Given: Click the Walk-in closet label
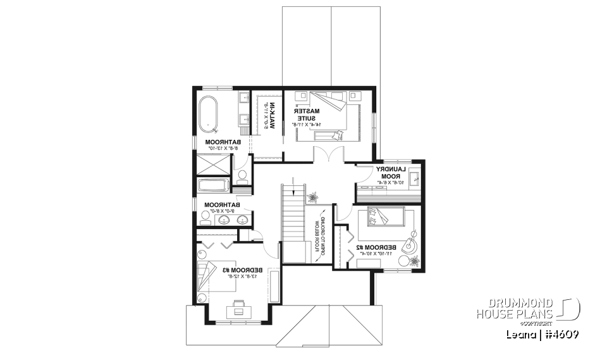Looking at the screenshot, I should pos(269,115).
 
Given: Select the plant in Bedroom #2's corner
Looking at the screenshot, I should pos(414,260).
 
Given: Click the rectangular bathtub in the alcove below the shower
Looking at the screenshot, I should pos(213,185).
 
